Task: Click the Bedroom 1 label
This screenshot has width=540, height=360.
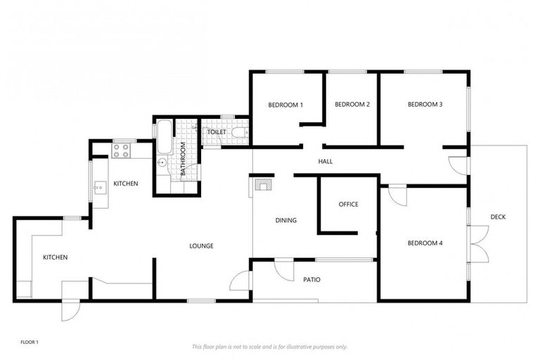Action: (x=285, y=105)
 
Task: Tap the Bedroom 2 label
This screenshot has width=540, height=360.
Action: (x=352, y=105)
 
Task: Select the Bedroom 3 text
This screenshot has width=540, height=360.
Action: (x=425, y=105)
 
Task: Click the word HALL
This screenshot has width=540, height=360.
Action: (x=325, y=162)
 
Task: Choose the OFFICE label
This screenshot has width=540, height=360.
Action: (x=348, y=205)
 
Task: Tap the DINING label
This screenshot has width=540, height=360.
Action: (x=286, y=220)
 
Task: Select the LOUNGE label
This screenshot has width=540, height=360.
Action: (x=201, y=245)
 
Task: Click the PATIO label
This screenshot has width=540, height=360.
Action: (x=311, y=280)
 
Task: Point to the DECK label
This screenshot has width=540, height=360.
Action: (x=498, y=217)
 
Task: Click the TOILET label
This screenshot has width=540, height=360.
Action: (x=216, y=132)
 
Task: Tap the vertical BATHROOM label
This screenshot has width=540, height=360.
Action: (x=183, y=159)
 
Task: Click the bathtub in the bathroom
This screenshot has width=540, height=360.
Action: (x=162, y=137)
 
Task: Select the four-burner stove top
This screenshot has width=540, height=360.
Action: (x=121, y=150)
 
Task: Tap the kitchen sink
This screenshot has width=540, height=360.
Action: (x=100, y=187)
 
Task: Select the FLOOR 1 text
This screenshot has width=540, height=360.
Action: (x=30, y=342)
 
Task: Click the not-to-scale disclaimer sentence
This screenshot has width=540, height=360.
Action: (x=270, y=347)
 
